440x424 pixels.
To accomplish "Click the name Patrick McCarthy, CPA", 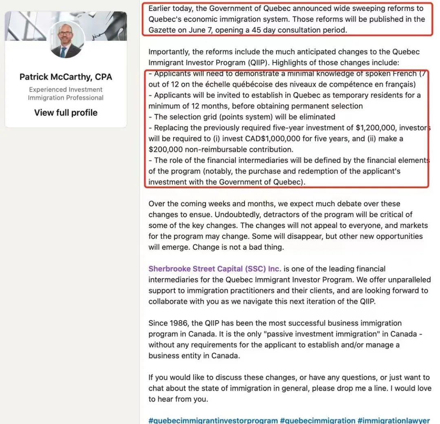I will point(66,77).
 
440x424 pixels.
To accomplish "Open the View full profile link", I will point(66,113).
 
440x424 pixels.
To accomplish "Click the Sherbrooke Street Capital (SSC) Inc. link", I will point(215,269).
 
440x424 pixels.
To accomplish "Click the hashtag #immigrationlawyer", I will point(394,420).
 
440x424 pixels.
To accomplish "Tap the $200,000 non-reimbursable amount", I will point(166,149).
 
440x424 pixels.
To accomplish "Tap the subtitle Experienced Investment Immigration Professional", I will point(66,93).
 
